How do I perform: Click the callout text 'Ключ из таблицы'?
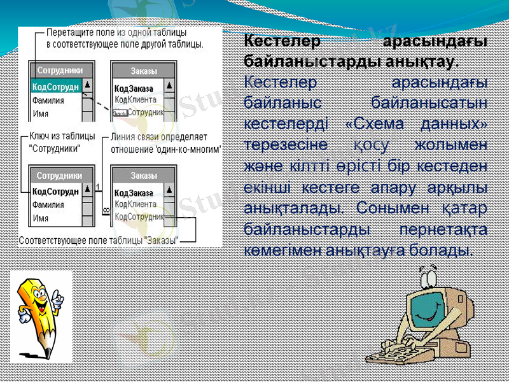(x=63, y=136)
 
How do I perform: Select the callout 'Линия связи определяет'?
(x=167, y=136)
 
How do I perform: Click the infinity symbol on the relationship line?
(x=106, y=208)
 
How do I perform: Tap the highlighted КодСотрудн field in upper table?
(x=56, y=87)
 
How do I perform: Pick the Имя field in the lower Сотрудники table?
(x=41, y=218)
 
